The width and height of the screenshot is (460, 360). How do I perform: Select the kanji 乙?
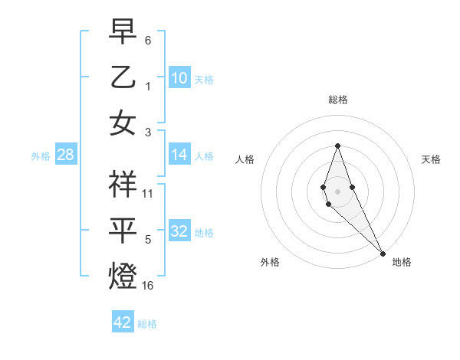point(123,77)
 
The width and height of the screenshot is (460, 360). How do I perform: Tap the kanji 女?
point(123,123)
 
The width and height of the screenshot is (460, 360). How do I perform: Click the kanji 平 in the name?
point(123,230)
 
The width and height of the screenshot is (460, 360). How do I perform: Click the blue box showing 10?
point(179,78)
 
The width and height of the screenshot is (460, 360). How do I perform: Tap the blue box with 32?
point(179,232)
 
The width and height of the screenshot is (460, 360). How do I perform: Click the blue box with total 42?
point(123,322)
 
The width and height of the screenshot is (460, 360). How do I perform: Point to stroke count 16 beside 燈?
point(148,286)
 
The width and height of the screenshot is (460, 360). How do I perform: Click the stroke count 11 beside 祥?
point(148,194)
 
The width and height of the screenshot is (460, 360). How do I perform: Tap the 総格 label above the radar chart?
point(337,100)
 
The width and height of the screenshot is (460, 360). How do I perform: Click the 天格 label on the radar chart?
point(431,159)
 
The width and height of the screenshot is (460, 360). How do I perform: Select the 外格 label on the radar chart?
point(270,262)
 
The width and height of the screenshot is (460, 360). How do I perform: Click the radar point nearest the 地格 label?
point(383,253)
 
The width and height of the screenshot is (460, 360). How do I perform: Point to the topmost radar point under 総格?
point(337,146)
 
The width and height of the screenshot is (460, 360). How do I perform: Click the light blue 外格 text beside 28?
point(41,156)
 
